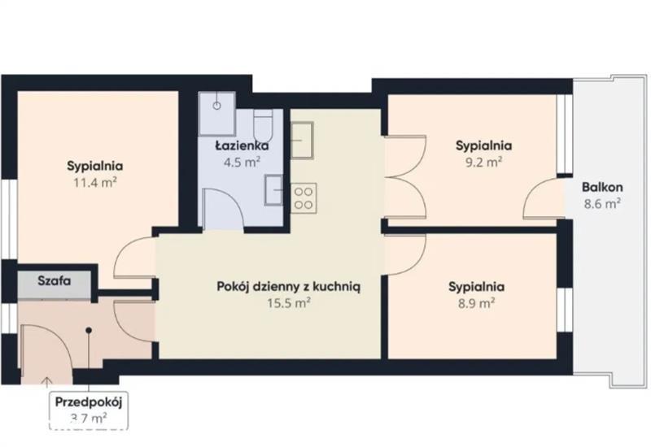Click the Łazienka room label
click(242, 145)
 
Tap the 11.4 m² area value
click(95, 182)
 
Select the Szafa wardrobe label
click(55, 280)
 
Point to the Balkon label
click(602, 187)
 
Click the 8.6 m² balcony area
click(602, 204)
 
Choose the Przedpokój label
click(89, 402)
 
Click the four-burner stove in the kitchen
click(303, 198)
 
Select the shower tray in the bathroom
click(217, 113)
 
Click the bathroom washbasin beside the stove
click(274, 190)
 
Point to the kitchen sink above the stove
click(302, 140)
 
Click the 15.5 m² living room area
click(289, 303)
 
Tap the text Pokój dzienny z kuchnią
click(289, 287)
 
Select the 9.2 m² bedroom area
click(483, 162)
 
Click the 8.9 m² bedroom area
click(476, 303)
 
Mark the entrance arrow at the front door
click(47, 381)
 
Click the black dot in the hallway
click(89, 331)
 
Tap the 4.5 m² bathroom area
click(242, 162)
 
